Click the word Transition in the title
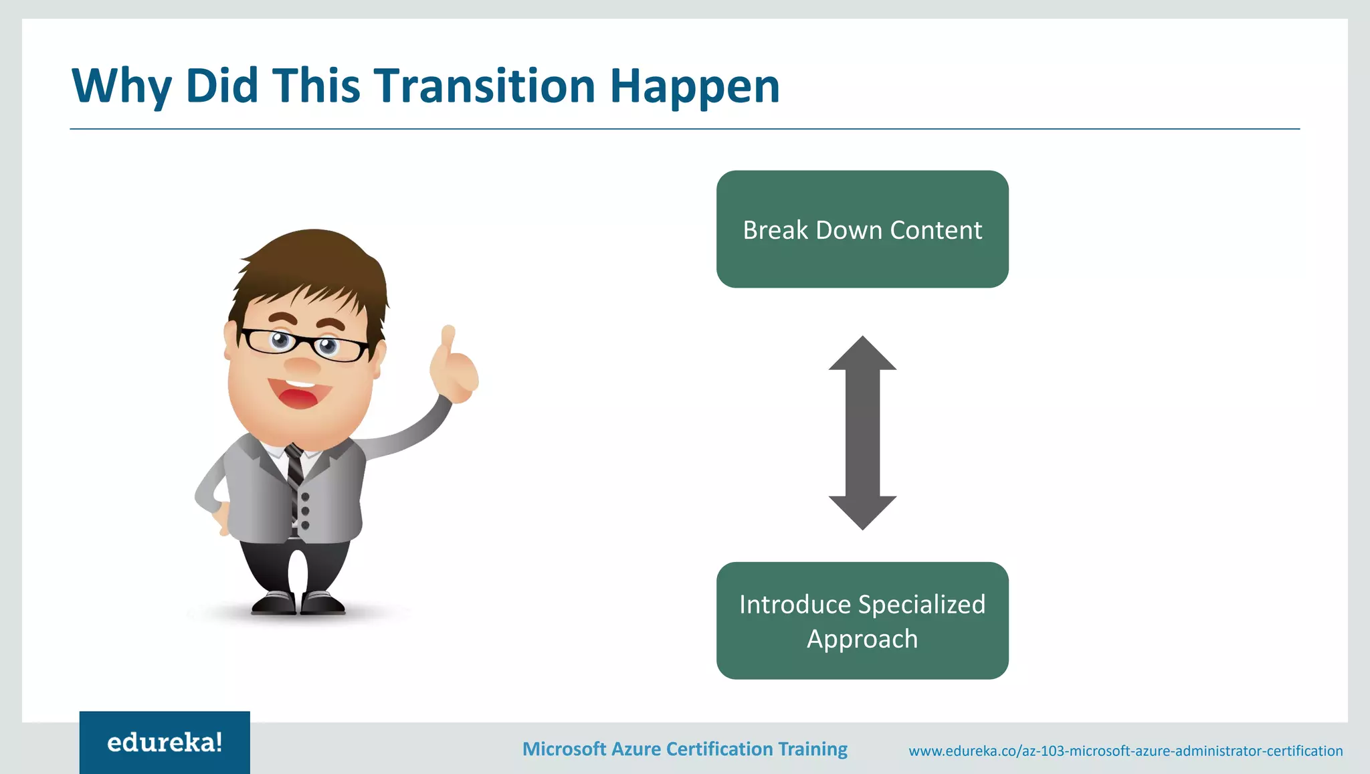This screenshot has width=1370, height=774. point(484,86)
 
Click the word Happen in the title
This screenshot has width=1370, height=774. point(694,87)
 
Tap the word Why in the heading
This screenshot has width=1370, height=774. point(121,87)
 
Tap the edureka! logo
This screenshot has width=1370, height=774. point(165,743)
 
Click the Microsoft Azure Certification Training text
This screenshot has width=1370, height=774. point(684,749)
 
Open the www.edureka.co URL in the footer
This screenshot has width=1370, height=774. point(1125,751)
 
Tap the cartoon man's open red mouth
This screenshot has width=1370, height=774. point(298,395)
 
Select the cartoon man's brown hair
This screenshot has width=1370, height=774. point(314,268)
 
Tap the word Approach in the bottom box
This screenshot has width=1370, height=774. point(862,639)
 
